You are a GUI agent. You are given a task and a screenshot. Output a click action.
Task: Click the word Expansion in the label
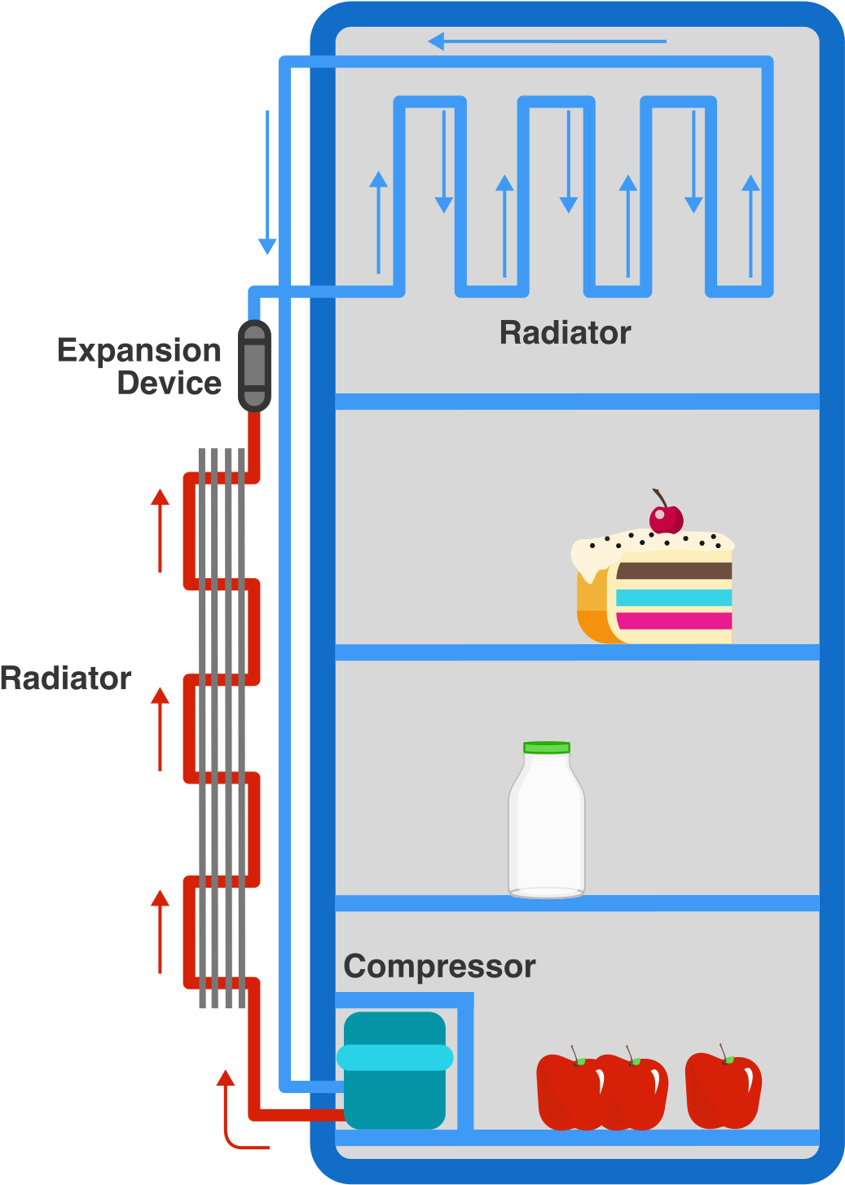pyautogui.click(x=139, y=351)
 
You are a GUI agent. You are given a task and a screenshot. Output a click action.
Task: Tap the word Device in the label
pyautogui.click(x=169, y=383)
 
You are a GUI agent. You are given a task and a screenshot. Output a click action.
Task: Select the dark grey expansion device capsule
pyautogui.click(x=254, y=366)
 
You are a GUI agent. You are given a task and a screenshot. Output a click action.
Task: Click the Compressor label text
pyautogui.click(x=439, y=967)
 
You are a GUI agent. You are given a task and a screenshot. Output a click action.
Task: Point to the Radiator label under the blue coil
pyautogui.click(x=565, y=333)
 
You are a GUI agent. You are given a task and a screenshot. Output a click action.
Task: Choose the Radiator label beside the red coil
pyautogui.click(x=65, y=678)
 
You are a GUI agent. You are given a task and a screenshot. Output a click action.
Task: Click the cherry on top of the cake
pyautogui.click(x=666, y=517)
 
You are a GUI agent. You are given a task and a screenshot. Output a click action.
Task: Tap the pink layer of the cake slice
pyautogui.click(x=673, y=621)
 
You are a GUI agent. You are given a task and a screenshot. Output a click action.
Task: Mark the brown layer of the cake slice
pyautogui.click(x=673, y=570)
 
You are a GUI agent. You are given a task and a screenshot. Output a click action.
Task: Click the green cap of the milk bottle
pyautogui.click(x=547, y=747)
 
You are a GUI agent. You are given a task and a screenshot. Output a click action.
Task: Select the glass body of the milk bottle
pyautogui.click(x=546, y=831)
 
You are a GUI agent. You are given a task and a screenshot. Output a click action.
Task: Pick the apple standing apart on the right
pyautogui.click(x=724, y=1091)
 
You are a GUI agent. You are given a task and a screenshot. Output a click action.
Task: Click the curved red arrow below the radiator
pyautogui.click(x=232, y=1116)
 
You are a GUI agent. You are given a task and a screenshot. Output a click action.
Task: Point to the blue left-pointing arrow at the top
pyautogui.click(x=546, y=41)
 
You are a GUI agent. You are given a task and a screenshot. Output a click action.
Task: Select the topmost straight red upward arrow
pyautogui.click(x=161, y=529)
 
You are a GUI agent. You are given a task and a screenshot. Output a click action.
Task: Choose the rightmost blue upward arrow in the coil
pyautogui.click(x=750, y=225)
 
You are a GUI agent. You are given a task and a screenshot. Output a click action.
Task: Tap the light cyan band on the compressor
pyautogui.click(x=394, y=1057)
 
